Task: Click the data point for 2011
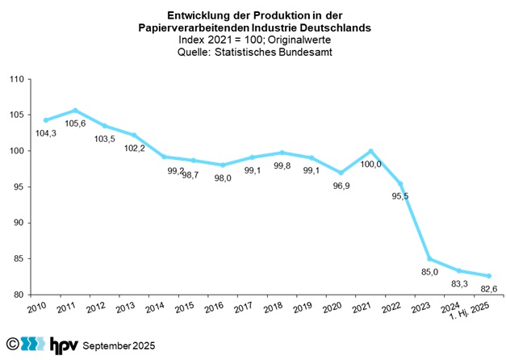click(75, 111)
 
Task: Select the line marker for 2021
click(370, 151)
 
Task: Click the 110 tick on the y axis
click(15, 79)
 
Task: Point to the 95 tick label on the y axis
click(17, 187)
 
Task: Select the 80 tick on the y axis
click(17, 295)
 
